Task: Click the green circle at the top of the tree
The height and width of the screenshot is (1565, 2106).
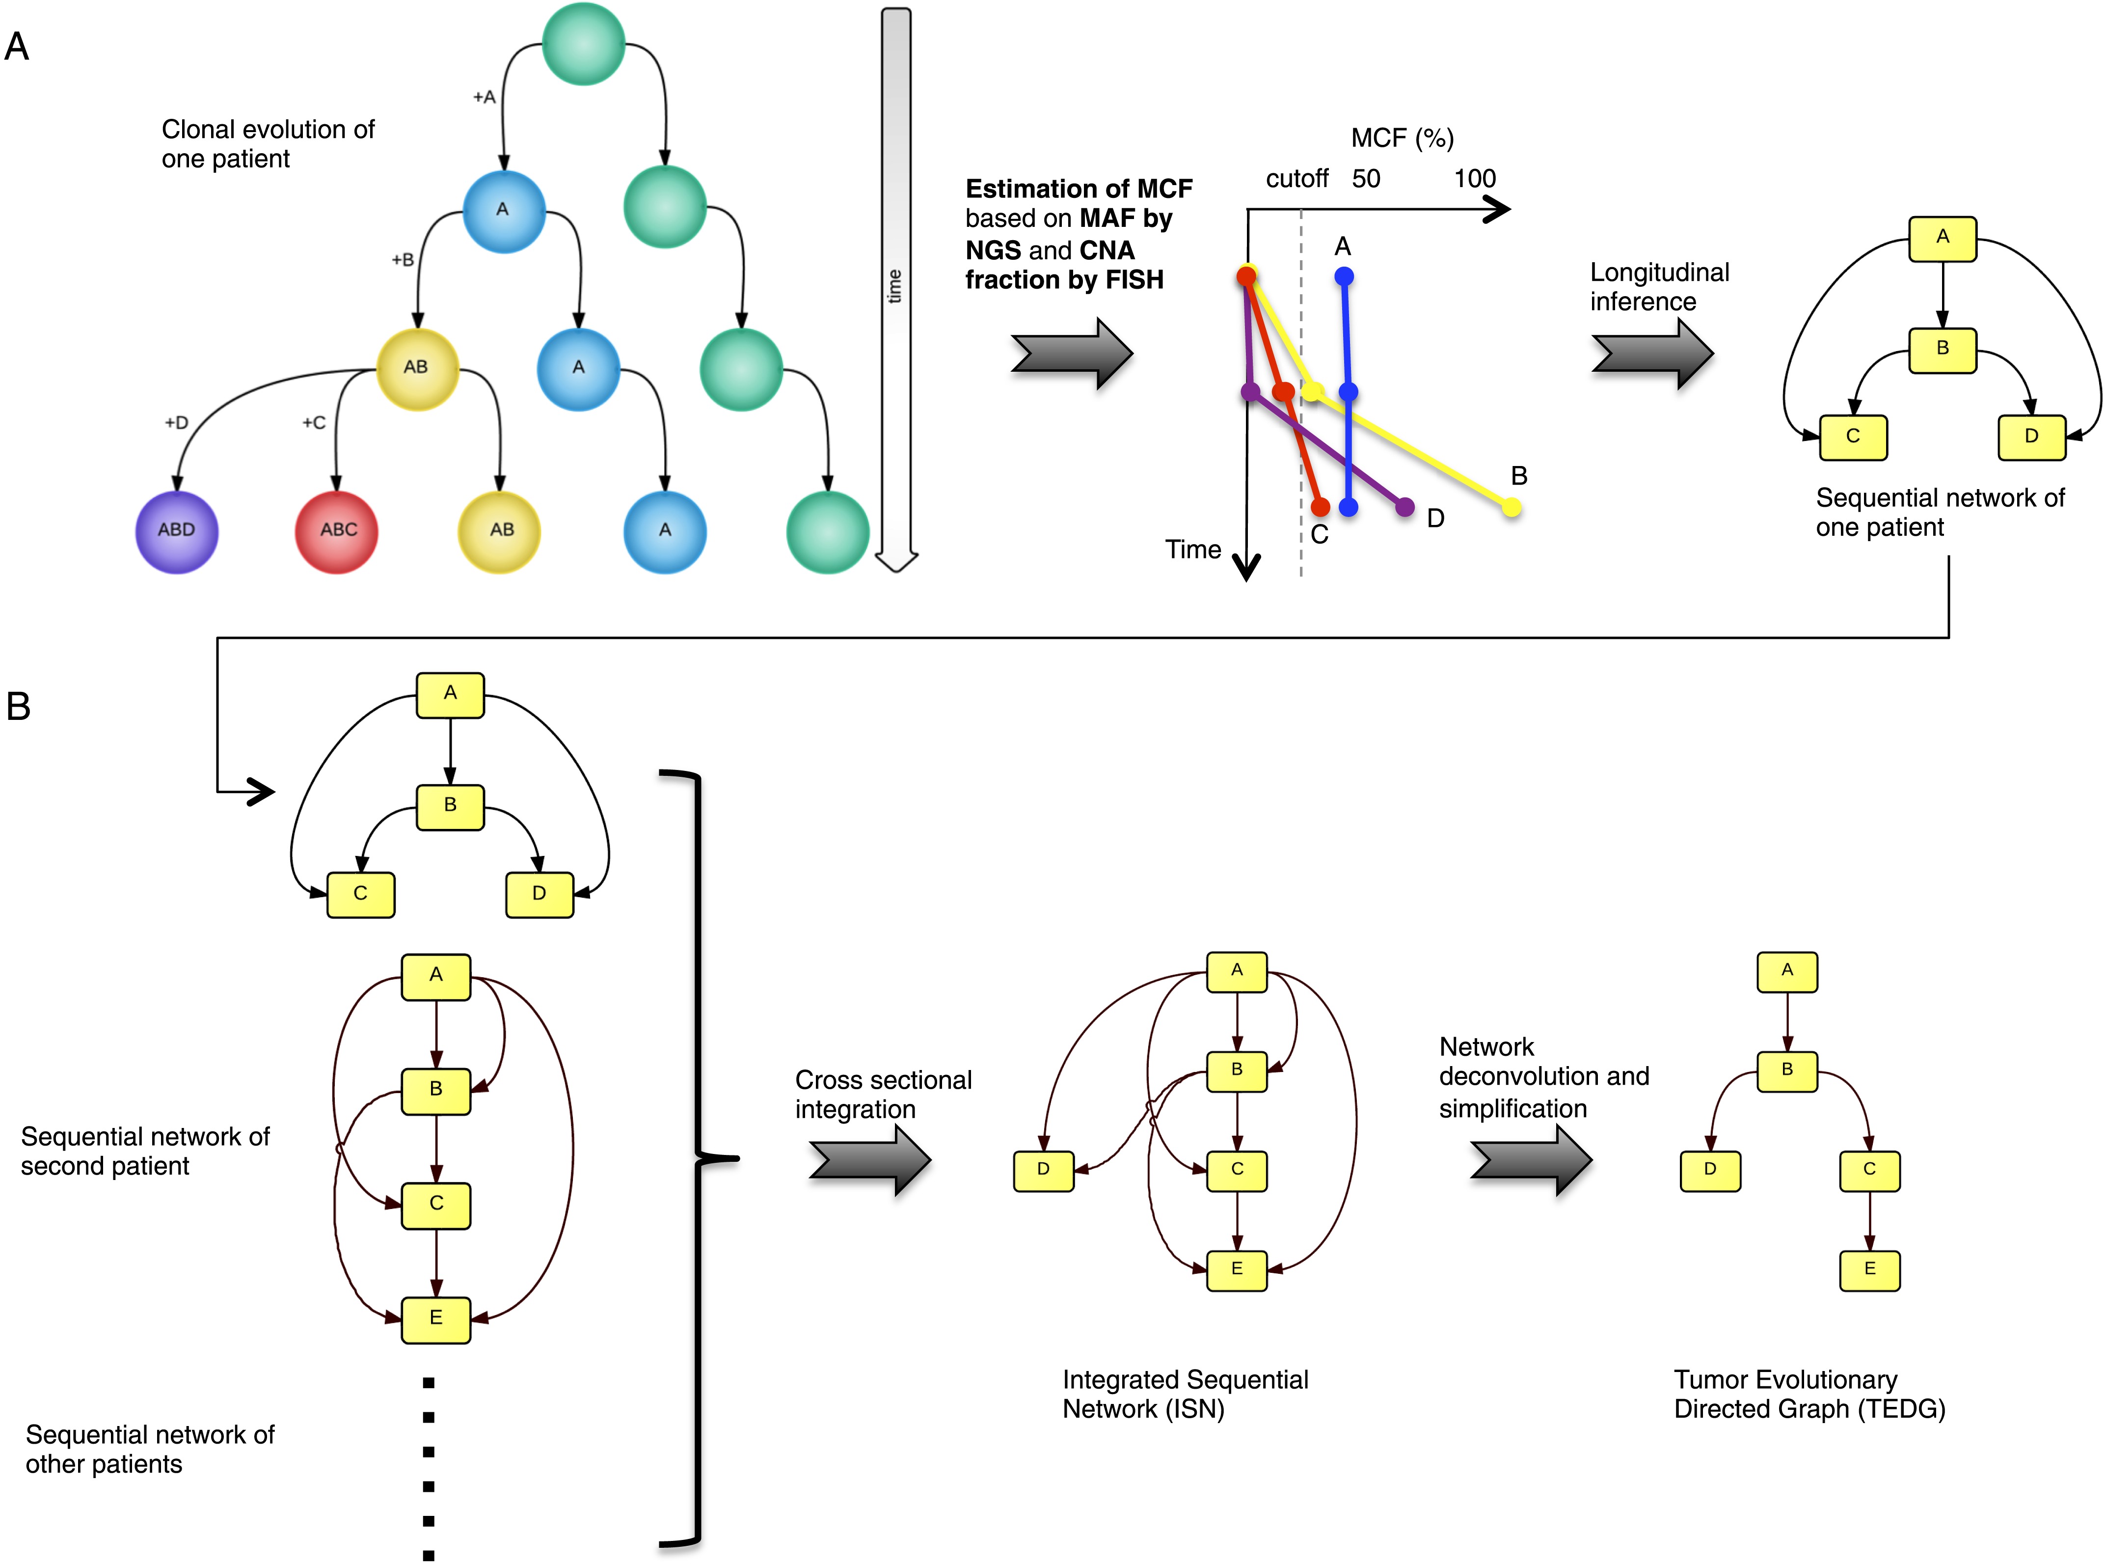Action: [583, 44]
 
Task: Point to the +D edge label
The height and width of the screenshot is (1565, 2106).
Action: [176, 422]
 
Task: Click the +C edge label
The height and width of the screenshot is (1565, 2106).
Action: [313, 422]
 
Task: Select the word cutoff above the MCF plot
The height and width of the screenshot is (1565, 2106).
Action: [1296, 179]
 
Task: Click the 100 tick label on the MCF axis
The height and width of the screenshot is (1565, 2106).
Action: [1474, 179]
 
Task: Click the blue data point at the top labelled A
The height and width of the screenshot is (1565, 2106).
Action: [1344, 276]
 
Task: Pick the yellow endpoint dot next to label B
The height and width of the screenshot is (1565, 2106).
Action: [1512, 508]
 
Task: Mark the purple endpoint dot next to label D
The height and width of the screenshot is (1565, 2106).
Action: [1404, 508]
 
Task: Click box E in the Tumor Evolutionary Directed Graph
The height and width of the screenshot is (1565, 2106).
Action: [1869, 1269]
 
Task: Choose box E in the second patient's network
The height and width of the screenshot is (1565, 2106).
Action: [435, 1318]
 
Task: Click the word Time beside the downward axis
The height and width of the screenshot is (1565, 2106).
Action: [1193, 549]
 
